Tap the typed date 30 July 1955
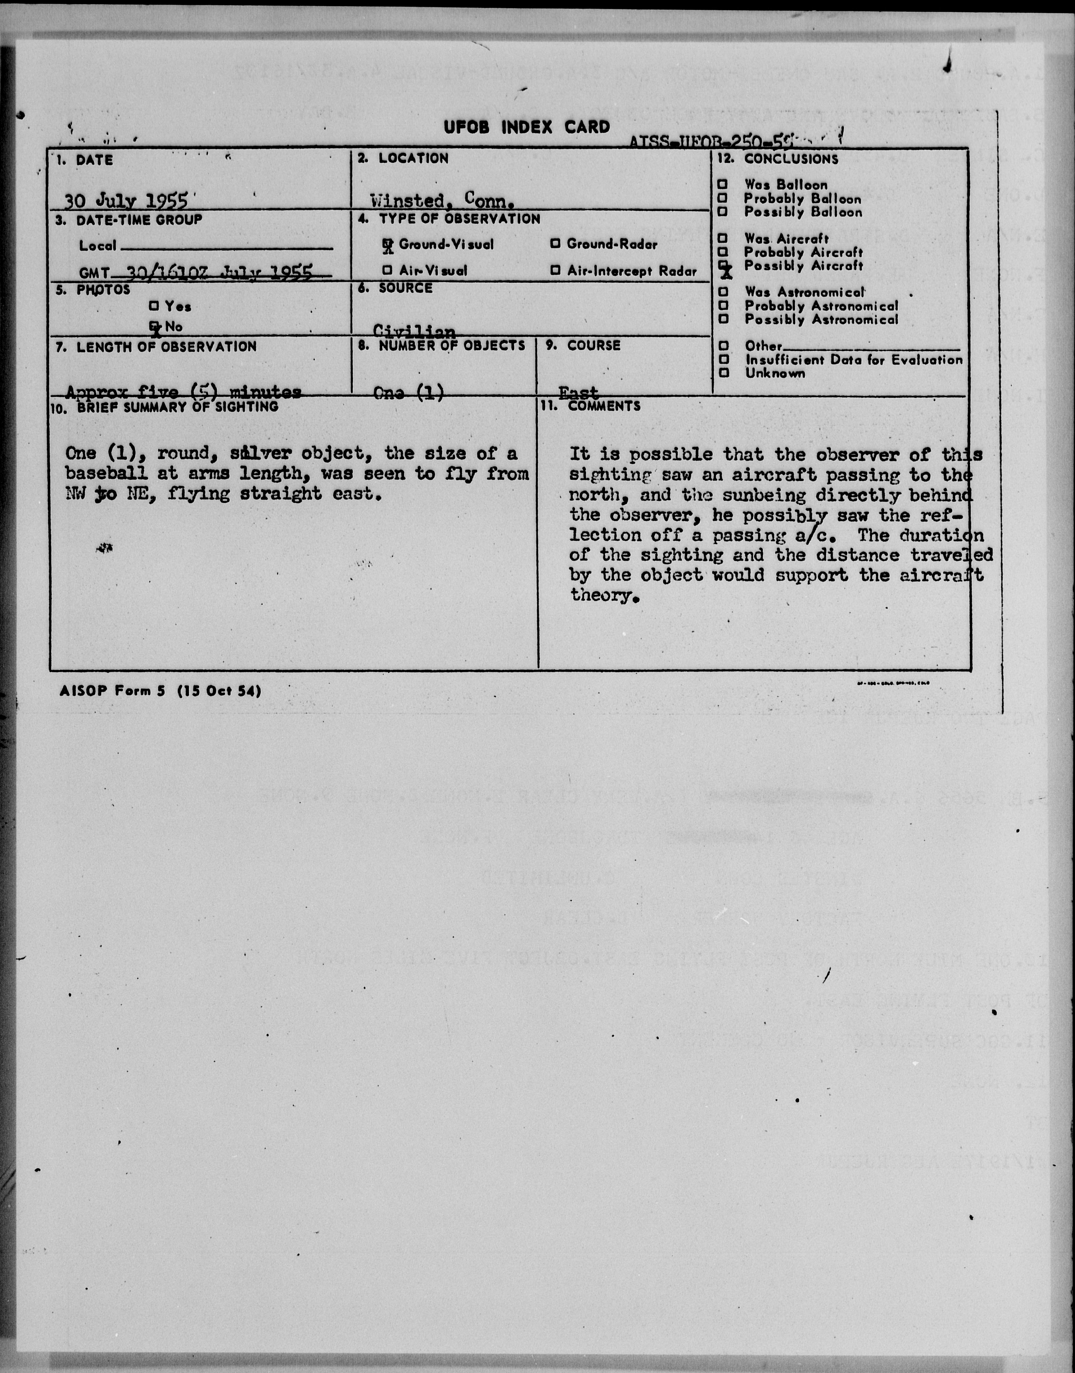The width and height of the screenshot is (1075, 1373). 126,201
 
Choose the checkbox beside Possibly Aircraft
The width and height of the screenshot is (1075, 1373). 724,265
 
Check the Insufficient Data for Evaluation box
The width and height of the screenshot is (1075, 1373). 724,359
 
